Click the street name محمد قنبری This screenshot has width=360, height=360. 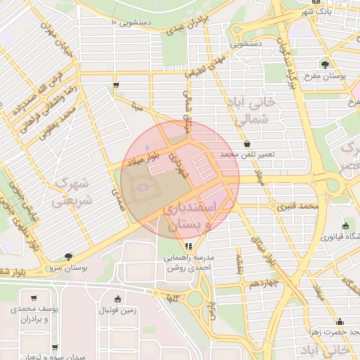297,207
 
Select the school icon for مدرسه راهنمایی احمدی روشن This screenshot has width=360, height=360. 188,246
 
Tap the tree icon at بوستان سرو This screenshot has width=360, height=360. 68,257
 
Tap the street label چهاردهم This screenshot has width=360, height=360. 265,283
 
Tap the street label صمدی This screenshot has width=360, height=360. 117,200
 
